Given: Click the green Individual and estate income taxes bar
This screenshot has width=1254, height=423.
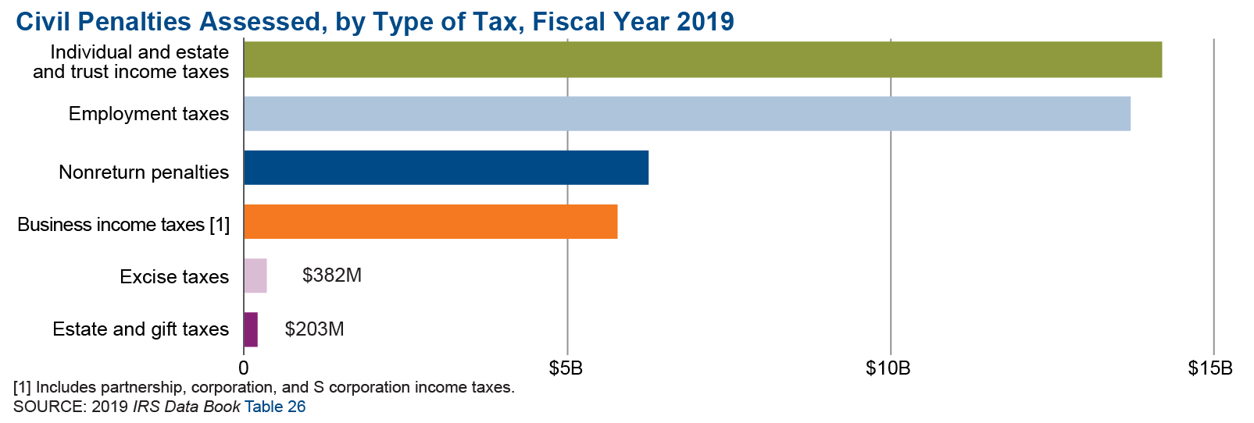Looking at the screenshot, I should pos(702,60).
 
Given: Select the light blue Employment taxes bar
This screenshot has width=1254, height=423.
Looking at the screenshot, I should pos(687,114).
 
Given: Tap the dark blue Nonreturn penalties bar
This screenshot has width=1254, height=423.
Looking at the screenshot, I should pos(446,168).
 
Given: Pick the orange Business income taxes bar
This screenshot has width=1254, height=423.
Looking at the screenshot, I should pos(431,222).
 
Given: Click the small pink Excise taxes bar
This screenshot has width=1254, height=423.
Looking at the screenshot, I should pos(255,275).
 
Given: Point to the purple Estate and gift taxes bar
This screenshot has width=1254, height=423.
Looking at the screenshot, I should pos(251,329).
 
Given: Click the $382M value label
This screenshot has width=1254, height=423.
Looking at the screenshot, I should pos(332,275).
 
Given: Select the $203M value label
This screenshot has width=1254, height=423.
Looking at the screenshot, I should pos(314,329).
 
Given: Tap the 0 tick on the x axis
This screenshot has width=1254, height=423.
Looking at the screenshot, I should pos(243,368).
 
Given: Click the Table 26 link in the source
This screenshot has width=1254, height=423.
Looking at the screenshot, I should pos(275,407).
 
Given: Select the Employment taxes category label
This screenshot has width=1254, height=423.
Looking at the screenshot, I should pos(148,114).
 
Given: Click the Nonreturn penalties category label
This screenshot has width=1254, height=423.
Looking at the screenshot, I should pos(144,172).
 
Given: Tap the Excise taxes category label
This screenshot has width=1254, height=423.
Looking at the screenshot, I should pos(174,277).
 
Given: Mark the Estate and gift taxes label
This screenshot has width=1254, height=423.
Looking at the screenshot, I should pos(141,329).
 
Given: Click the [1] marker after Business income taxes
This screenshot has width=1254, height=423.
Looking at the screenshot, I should pos(220,225).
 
